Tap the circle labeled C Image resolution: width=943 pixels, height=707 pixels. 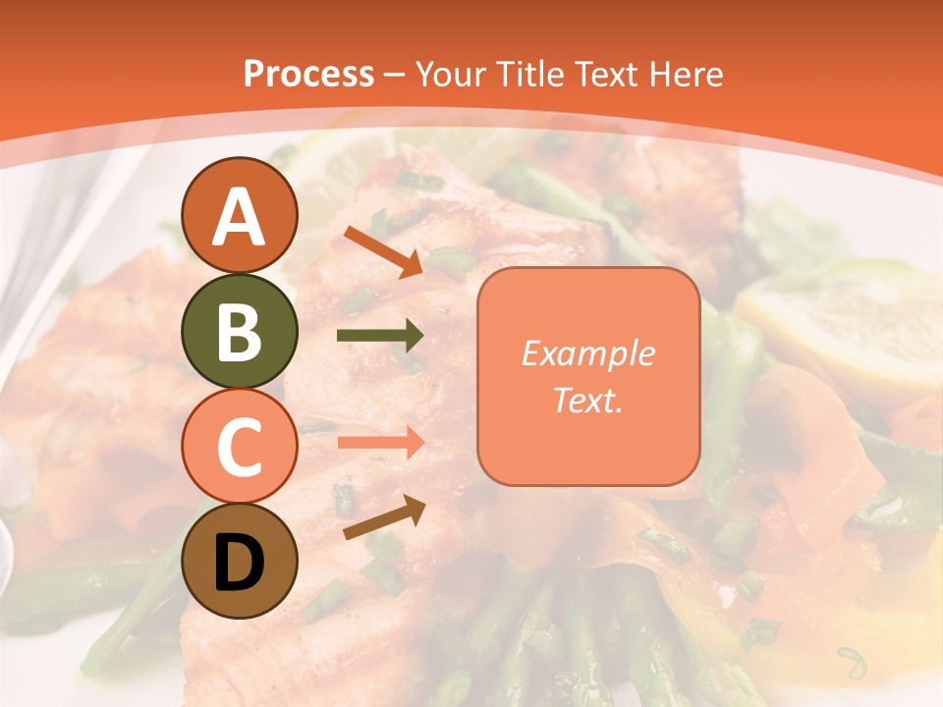(240, 446)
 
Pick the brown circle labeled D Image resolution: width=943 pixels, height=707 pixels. (240, 562)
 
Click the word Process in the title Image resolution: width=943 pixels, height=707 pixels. (308, 74)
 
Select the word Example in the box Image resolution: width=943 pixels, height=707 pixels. (588, 353)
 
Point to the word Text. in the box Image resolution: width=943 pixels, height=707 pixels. (588, 400)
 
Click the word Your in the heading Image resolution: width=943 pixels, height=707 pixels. (450, 74)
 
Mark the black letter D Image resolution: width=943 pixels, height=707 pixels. (240, 563)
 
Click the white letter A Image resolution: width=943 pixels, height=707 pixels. (240, 217)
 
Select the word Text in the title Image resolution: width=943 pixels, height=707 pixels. (609, 74)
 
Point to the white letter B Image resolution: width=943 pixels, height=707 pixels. (240, 332)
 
